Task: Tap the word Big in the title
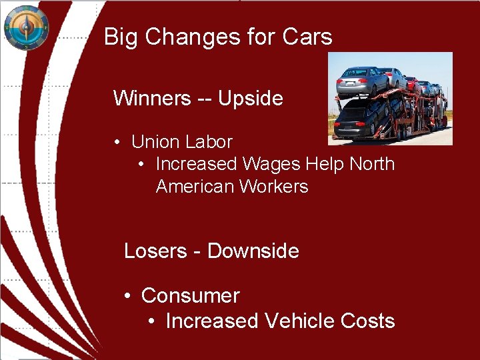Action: coord(120,37)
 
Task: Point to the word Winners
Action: coord(152,99)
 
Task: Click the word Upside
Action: coord(251,99)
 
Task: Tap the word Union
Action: coord(155,142)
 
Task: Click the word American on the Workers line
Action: coord(195,186)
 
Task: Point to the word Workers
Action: coord(273,186)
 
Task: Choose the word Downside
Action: coord(253,251)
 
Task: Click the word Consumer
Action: coord(190,295)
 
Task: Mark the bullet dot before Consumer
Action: coord(127,295)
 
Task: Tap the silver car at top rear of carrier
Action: coord(362,81)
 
